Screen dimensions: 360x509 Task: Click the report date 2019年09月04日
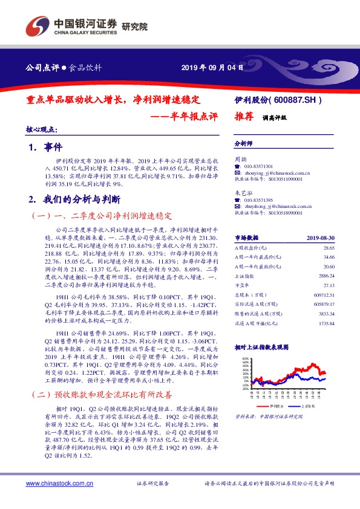pos(212,68)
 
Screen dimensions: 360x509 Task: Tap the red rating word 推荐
pos(244,118)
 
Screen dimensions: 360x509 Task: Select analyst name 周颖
pos(240,159)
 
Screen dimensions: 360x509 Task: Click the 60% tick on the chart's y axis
pos(245,358)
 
